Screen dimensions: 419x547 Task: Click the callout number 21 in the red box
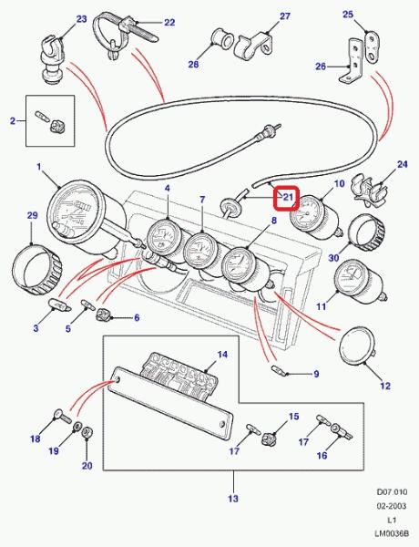click(x=288, y=198)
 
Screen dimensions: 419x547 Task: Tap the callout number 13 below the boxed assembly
click(x=233, y=499)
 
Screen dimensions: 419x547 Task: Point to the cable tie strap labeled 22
click(x=122, y=34)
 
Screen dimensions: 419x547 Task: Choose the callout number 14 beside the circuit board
click(x=222, y=355)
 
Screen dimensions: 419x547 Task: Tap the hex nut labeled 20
click(x=87, y=434)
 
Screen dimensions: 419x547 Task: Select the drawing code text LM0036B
click(x=391, y=533)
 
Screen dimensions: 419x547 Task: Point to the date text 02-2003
click(x=392, y=506)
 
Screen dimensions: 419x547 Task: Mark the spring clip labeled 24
click(x=370, y=191)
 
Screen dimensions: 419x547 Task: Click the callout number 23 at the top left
click(x=81, y=19)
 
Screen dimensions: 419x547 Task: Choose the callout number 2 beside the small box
click(x=13, y=121)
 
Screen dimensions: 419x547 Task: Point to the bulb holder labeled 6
click(x=103, y=315)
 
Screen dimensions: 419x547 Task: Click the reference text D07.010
click(x=392, y=492)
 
